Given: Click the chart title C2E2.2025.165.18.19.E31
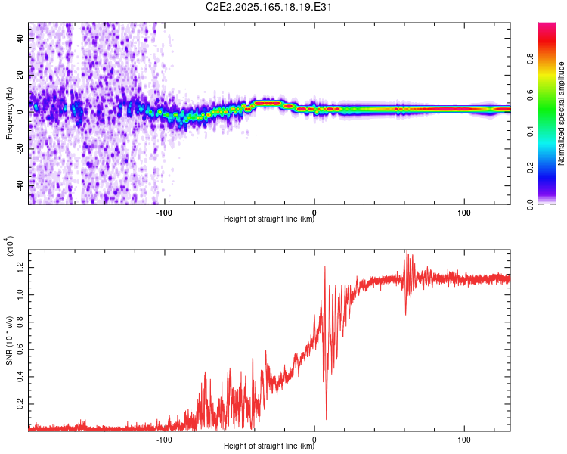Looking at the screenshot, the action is (268, 7).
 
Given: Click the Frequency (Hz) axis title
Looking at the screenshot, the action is (9, 113).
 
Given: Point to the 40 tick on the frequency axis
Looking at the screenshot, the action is (20, 39).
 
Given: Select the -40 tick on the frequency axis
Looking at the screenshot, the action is (20, 185).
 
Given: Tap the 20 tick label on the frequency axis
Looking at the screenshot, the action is (20, 76).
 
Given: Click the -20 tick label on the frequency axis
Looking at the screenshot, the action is (20, 149).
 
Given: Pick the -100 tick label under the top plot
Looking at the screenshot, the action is (164, 213).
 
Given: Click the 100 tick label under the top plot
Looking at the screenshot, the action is (464, 213).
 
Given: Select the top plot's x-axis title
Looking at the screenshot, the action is (269, 219).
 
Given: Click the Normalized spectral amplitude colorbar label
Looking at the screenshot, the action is (561, 113).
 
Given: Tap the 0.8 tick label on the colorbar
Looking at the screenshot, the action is (531, 59).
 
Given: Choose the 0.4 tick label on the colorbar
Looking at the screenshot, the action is (531, 132).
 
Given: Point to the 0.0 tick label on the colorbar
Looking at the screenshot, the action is (531, 204).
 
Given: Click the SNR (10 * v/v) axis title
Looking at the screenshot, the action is (9, 340).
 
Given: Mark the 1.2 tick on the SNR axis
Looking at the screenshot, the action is (20, 268).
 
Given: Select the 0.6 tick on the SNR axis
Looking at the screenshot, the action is (20, 350).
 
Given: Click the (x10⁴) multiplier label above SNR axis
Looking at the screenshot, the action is (10, 246).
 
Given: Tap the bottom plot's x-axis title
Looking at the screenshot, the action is (269, 446).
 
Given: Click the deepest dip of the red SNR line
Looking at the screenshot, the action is (326, 419).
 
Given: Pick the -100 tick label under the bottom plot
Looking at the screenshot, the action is (164, 440).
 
